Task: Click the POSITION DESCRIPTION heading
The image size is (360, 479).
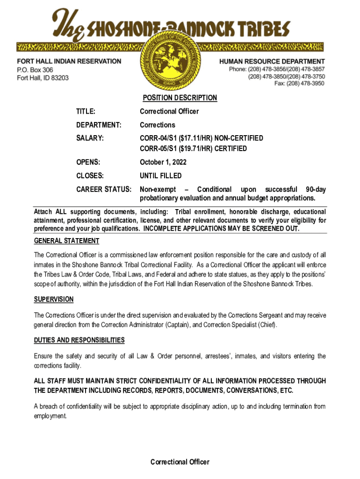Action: pyautogui.click(x=180, y=98)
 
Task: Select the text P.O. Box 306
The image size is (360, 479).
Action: pyautogui.click(x=35, y=70)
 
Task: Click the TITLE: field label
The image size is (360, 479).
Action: pyautogui.click(x=86, y=111)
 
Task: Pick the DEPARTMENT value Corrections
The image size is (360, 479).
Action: pyautogui.click(x=158, y=125)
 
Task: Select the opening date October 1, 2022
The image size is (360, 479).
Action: pyautogui.click(x=161, y=162)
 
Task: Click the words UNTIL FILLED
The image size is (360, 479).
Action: pyautogui.click(x=161, y=176)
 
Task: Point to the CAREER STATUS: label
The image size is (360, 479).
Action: pyautogui.click(x=103, y=189)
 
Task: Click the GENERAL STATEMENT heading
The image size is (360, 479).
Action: pyautogui.click(x=66, y=241)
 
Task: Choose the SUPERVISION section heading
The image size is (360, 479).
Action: pyautogui.click(x=54, y=299)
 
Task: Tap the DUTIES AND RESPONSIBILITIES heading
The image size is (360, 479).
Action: pyautogui.click(x=79, y=340)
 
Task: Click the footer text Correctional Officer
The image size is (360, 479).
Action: pyautogui.click(x=180, y=462)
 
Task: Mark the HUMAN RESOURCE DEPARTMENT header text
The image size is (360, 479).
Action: pyautogui.click(x=272, y=61)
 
